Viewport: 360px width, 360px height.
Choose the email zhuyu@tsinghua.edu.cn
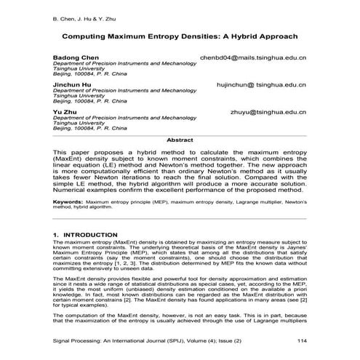click(267, 112)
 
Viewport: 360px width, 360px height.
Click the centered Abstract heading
click(180, 138)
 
